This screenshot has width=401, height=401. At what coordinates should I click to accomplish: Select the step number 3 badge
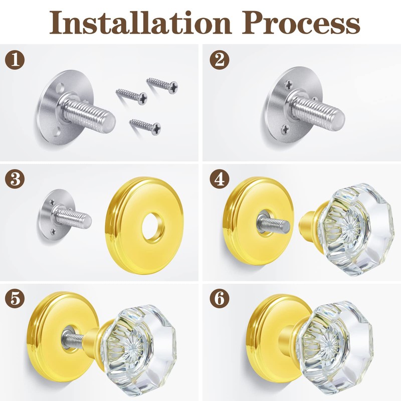coord(15,179)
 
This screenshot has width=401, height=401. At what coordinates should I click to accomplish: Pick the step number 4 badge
coord(219,179)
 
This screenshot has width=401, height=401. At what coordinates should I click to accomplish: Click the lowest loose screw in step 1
coord(145,125)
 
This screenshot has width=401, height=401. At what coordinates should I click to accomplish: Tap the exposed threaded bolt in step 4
coord(270,221)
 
